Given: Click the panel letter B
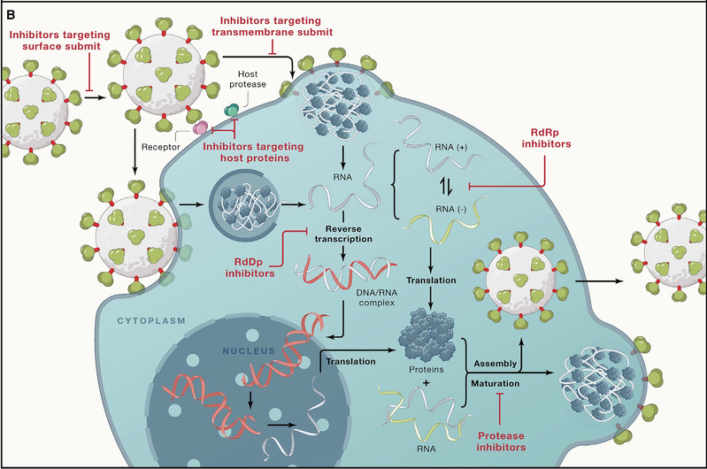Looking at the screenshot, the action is click(11, 15).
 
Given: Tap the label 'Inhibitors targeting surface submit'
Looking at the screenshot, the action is click(60, 41).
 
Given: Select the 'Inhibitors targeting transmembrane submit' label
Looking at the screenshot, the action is click(272, 27).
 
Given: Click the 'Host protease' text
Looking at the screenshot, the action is click(248, 79).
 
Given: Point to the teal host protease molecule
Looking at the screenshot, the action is click(232, 110).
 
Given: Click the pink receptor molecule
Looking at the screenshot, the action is click(200, 128).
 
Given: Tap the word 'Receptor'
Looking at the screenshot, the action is click(160, 147).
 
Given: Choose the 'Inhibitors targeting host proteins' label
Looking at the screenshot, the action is click(253, 152).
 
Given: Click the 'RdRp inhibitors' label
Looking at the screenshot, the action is click(546, 138).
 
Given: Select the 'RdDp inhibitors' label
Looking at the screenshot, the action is click(250, 268).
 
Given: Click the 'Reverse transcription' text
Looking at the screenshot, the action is click(343, 234).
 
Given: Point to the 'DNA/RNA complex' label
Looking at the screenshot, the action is click(376, 297).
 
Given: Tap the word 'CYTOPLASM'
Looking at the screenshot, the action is click(151, 321).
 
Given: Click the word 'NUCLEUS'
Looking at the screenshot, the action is click(249, 350).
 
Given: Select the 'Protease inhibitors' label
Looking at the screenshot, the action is click(501, 442).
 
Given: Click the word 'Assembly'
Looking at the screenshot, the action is click(496, 364).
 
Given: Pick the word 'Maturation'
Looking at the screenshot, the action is click(496, 383).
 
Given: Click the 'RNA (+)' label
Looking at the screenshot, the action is click(451, 147).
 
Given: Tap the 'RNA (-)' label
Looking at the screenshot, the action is click(451, 209).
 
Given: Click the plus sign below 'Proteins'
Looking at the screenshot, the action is click(426, 383).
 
